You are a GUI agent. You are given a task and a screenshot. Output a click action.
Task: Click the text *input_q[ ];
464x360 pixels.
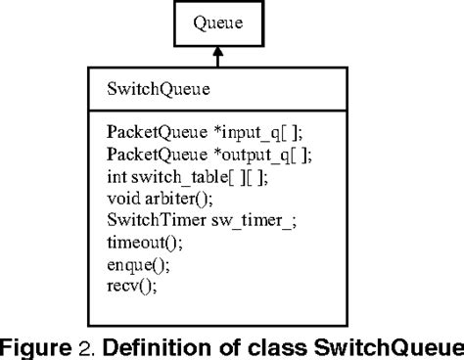pos(220,131)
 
